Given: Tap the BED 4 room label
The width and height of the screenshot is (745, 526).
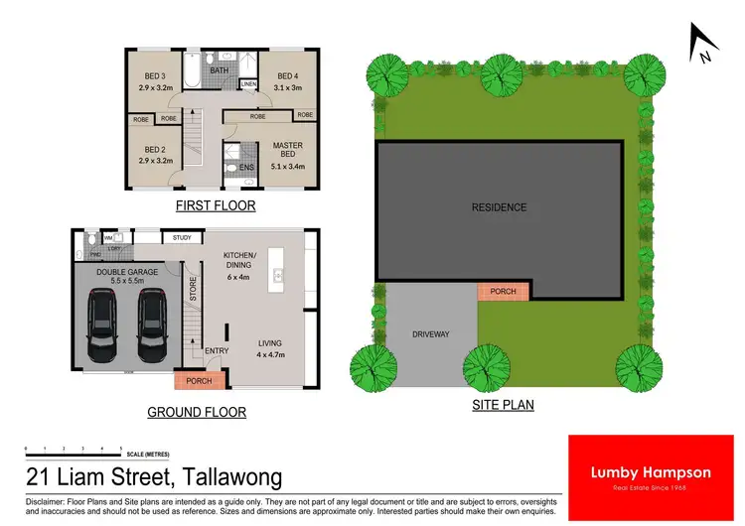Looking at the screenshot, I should (x=288, y=76).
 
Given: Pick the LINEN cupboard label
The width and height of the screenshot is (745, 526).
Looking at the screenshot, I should (x=248, y=85).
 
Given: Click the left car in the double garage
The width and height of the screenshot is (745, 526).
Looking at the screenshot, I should (x=104, y=326).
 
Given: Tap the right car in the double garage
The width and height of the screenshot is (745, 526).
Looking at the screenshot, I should (x=151, y=326).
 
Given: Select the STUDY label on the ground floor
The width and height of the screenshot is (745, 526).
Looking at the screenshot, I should (x=182, y=237).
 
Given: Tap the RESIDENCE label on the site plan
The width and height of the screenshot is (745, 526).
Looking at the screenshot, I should (x=499, y=207).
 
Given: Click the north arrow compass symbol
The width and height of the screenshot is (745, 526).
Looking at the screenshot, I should (x=703, y=43).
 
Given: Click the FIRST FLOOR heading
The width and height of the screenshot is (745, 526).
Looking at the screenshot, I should (x=216, y=206).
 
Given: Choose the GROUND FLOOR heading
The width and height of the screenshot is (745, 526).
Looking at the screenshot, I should (x=197, y=412).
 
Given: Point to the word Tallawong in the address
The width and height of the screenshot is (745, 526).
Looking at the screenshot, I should (x=228, y=477).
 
